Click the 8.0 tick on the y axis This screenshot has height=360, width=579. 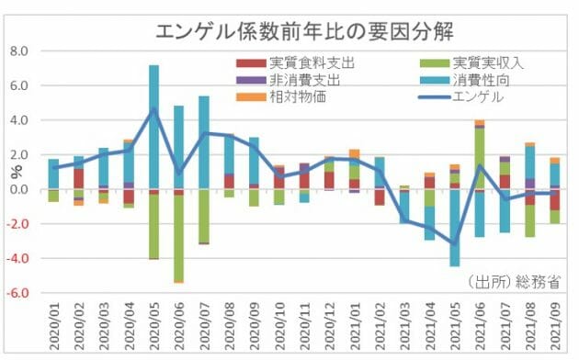click(20, 51)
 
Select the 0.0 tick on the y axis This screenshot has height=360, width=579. click(20, 190)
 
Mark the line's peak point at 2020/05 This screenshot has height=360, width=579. click(153, 109)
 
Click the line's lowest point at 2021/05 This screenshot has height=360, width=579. click(454, 244)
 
